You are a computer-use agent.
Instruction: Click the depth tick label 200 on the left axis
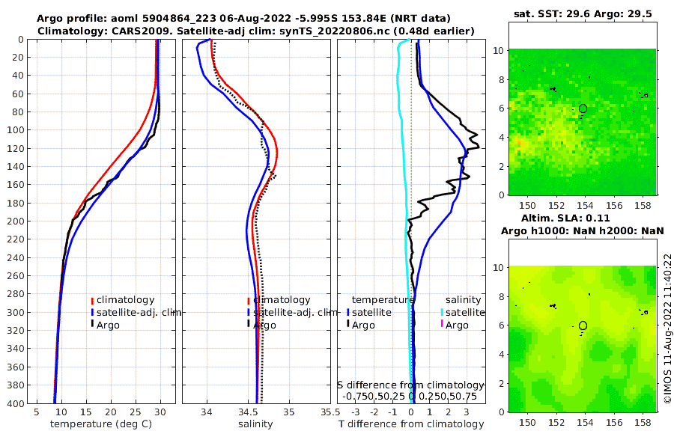coord(14,221)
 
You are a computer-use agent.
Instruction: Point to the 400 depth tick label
coord(14,403)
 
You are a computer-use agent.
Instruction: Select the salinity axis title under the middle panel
coord(255,424)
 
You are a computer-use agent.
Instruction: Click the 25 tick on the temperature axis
coord(136,412)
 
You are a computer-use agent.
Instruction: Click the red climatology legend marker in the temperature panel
coord(92,300)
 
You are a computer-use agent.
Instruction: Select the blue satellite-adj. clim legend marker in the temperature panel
coord(92,313)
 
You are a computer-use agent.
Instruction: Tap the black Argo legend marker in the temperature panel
coord(92,325)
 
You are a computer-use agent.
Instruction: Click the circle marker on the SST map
coord(583,109)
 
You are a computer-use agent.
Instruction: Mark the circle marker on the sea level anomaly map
coord(583,325)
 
